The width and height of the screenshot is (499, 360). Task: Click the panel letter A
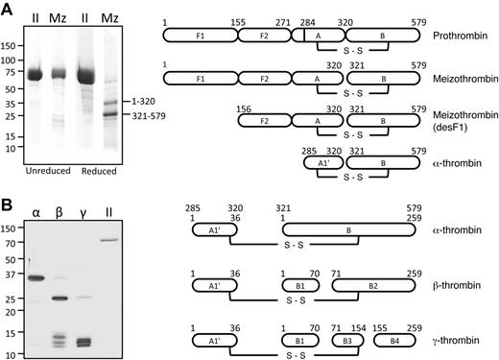(x=8, y=9)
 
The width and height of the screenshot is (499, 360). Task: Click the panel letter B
(x=8, y=206)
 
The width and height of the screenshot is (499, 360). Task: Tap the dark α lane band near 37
(x=39, y=278)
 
